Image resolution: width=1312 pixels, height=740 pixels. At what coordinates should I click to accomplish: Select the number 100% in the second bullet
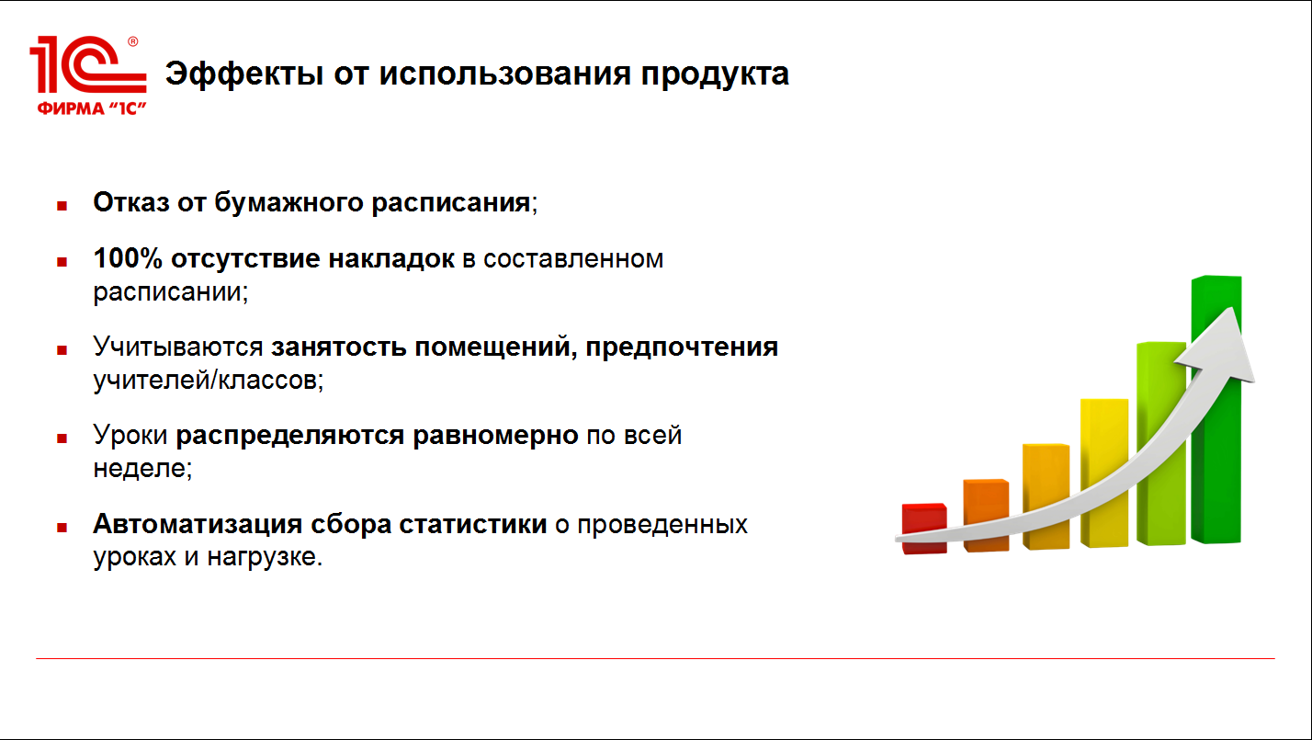coord(128,258)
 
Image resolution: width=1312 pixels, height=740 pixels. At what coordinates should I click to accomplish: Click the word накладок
coord(391,259)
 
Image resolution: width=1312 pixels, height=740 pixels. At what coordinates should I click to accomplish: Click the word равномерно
coord(495,437)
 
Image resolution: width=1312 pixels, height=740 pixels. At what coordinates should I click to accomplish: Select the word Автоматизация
coord(198,524)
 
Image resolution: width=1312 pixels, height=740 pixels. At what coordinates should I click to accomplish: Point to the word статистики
coord(472,524)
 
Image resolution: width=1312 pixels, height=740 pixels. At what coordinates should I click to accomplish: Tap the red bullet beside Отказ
coord(62,206)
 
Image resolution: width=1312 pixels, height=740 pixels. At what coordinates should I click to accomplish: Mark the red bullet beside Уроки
coord(62,438)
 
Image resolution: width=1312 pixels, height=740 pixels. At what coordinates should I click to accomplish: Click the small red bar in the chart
coord(924,529)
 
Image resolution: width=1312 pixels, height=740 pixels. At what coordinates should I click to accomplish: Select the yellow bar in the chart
coord(1104,472)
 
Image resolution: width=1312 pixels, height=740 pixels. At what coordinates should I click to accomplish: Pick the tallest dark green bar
coord(1216,409)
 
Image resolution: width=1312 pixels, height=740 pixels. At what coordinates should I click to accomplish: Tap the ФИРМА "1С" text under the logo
coord(91,108)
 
